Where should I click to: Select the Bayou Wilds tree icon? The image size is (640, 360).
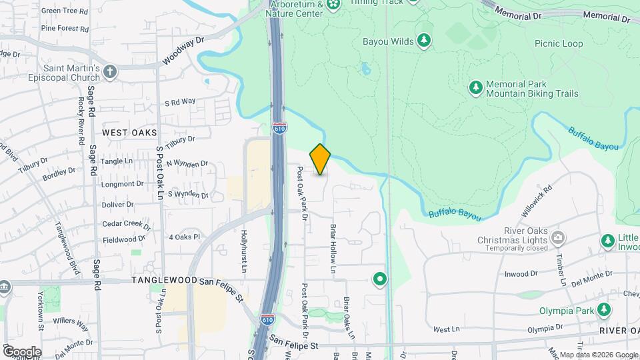coord(424,41)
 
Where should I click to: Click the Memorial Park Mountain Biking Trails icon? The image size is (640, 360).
coord(475,87)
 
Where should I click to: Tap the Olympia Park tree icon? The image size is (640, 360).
coord(604,309)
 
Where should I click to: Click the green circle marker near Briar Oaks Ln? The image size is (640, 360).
coord(380,279)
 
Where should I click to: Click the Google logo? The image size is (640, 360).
coord(21,351)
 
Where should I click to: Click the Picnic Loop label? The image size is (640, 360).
coord(559,44)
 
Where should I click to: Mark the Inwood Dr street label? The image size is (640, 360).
coord(521,273)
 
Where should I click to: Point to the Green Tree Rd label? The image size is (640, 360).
coord(65,11)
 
